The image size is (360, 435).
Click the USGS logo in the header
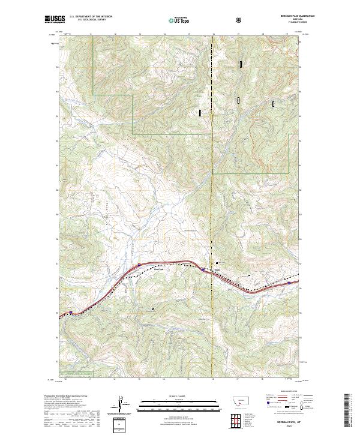[55, 20]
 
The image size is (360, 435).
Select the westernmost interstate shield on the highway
[71, 312]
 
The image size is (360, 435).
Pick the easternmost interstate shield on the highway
[289, 283]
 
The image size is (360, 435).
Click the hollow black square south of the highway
[153, 310]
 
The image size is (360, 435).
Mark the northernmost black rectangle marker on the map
[241, 64]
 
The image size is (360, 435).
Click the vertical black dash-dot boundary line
[213, 180]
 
